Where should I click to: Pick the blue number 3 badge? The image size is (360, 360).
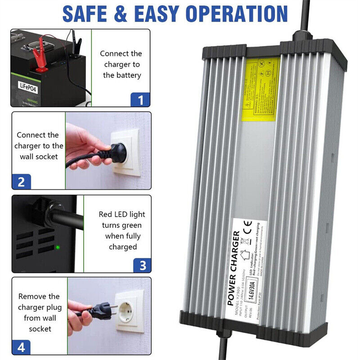[x=142, y=265]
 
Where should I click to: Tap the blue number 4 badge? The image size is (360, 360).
[x=21, y=347]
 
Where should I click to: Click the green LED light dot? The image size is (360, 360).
[x=58, y=247]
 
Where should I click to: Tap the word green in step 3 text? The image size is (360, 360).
[x=130, y=225]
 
